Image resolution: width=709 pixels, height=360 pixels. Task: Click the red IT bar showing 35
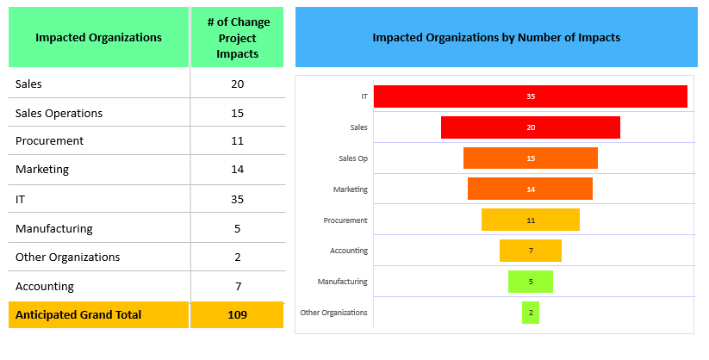point(530,96)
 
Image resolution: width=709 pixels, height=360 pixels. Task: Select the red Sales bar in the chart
point(530,127)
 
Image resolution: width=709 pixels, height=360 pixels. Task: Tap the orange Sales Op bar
point(530,158)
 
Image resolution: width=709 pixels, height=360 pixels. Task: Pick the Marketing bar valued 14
point(530,189)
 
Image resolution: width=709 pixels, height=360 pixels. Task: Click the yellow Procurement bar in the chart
point(530,220)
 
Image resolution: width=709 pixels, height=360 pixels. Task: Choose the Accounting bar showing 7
point(530,251)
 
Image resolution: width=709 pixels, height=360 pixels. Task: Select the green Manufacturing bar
point(530,282)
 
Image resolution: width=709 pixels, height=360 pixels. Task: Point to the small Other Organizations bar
point(530,313)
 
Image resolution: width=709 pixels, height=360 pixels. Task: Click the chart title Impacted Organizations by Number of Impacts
point(496,38)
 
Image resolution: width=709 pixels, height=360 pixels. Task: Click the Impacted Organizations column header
point(98,38)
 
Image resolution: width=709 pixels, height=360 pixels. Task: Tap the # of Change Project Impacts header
point(238,38)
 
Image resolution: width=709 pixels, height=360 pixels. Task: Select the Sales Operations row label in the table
point(59,113)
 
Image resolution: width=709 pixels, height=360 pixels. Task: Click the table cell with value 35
point(237,199)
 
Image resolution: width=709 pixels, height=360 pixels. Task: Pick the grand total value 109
point(237,315)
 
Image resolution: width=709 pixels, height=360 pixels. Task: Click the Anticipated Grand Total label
point(78,315)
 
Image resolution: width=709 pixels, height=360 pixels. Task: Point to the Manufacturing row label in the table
point(53,228)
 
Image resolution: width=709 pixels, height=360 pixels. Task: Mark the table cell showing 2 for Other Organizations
point(237,257)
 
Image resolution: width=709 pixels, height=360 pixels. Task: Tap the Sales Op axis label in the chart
point(353,158)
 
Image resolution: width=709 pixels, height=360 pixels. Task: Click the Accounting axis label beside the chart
point(349,251)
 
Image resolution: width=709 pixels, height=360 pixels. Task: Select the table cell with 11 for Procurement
point(237,140)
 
